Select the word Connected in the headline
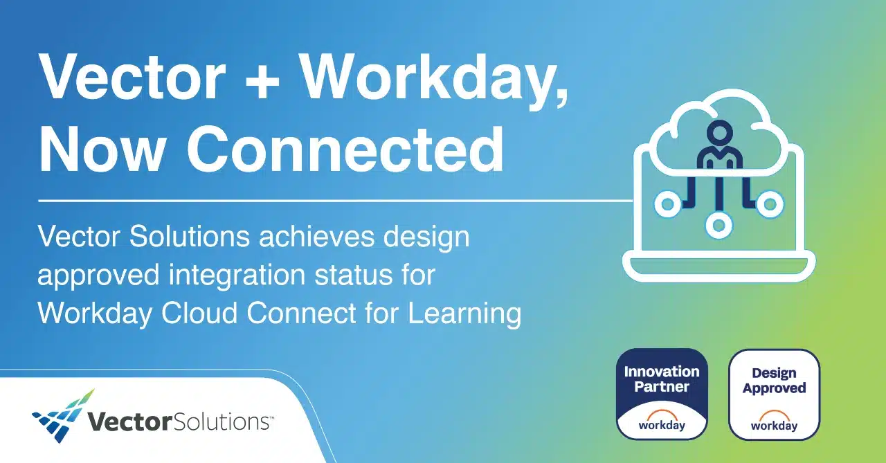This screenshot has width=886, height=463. [345, 150]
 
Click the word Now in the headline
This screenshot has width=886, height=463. [102, 150]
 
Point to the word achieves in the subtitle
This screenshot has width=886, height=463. [316, 237]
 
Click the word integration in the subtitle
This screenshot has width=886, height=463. [237, 275]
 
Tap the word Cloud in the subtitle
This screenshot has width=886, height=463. [199, 313]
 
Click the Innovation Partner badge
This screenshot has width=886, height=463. [662, 394]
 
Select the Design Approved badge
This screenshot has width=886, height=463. [774, 394]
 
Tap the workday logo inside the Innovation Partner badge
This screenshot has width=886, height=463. [662, 421]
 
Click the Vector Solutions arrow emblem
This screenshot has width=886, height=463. [64, 417]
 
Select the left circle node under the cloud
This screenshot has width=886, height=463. [668, 204]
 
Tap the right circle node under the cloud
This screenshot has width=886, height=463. [770, 204]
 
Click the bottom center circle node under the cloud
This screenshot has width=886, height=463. [718, 226]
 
